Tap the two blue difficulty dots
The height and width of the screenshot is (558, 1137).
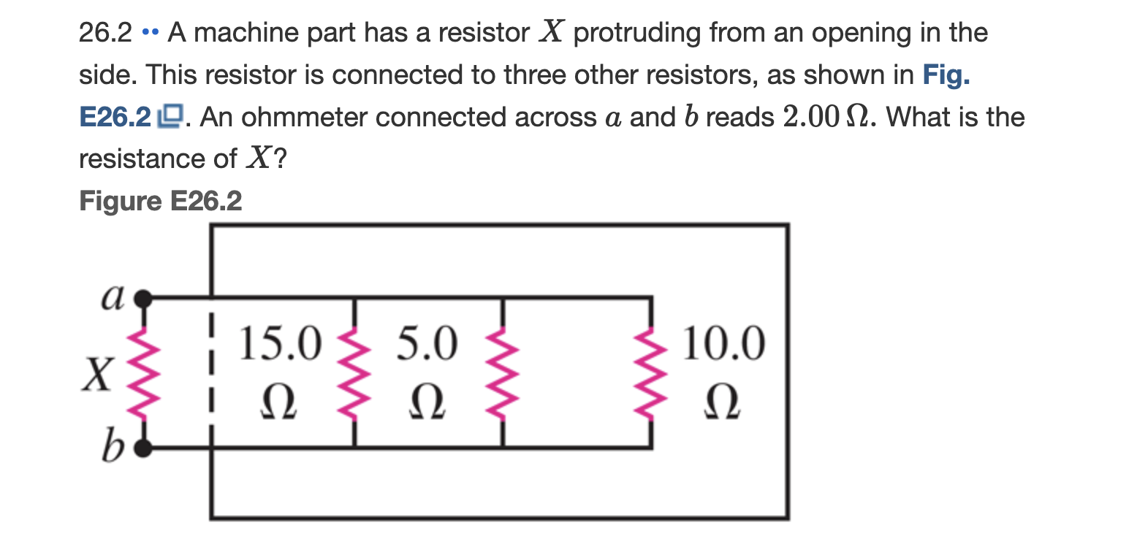coord(150,34)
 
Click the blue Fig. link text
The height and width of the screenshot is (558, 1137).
coord(947,75)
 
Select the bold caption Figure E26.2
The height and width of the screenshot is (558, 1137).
coord(160,200)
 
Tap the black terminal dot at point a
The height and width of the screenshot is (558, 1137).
coord(145,297)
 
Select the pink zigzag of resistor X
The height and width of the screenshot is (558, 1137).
coord(145,372)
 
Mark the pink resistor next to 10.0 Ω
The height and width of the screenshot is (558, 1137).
coord(650,372)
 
